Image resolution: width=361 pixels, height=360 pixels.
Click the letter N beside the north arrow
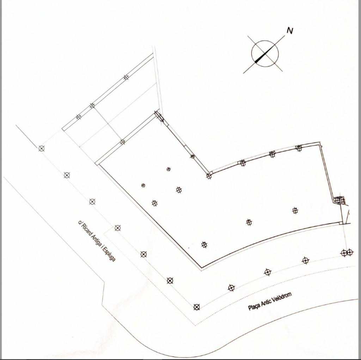290,30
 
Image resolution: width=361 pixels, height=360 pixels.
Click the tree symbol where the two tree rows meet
197,307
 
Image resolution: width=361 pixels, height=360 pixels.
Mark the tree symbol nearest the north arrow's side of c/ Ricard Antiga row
42,148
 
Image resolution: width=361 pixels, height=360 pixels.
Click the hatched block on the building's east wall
339,200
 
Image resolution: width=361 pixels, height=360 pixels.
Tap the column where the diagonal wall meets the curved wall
209,176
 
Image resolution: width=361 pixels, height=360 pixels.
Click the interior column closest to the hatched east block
295,210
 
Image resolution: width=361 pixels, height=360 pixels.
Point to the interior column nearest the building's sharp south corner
204,245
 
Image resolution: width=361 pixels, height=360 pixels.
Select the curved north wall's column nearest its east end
299,148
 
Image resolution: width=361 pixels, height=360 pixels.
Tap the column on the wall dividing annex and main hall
122,142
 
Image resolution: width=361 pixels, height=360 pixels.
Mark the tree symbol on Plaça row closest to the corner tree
231,288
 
